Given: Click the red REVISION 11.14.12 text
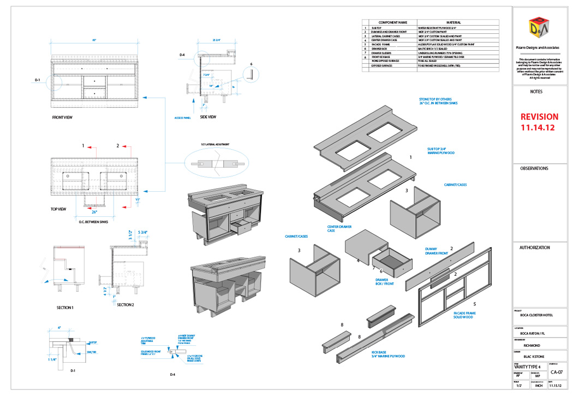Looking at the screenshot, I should [x=539, y=122].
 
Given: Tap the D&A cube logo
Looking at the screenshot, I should [x=539, y=29].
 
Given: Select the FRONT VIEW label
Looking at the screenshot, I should [x=62, y=117].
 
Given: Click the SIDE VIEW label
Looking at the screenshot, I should [x=208, y=116].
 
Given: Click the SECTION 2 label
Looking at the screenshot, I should [x=126, y=304].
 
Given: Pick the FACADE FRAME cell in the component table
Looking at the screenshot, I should [x=385, y=44].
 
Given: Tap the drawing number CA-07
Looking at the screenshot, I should [x=557, y=373].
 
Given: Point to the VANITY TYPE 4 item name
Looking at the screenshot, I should [x=528, y=366].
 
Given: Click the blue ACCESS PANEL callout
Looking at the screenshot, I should [x=182, y=117].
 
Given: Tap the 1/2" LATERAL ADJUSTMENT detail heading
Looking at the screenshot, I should [x=215, y=144].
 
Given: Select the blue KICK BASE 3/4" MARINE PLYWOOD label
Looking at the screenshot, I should [x=388, y=353].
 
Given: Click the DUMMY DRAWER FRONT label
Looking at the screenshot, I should [x=436, y=251].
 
